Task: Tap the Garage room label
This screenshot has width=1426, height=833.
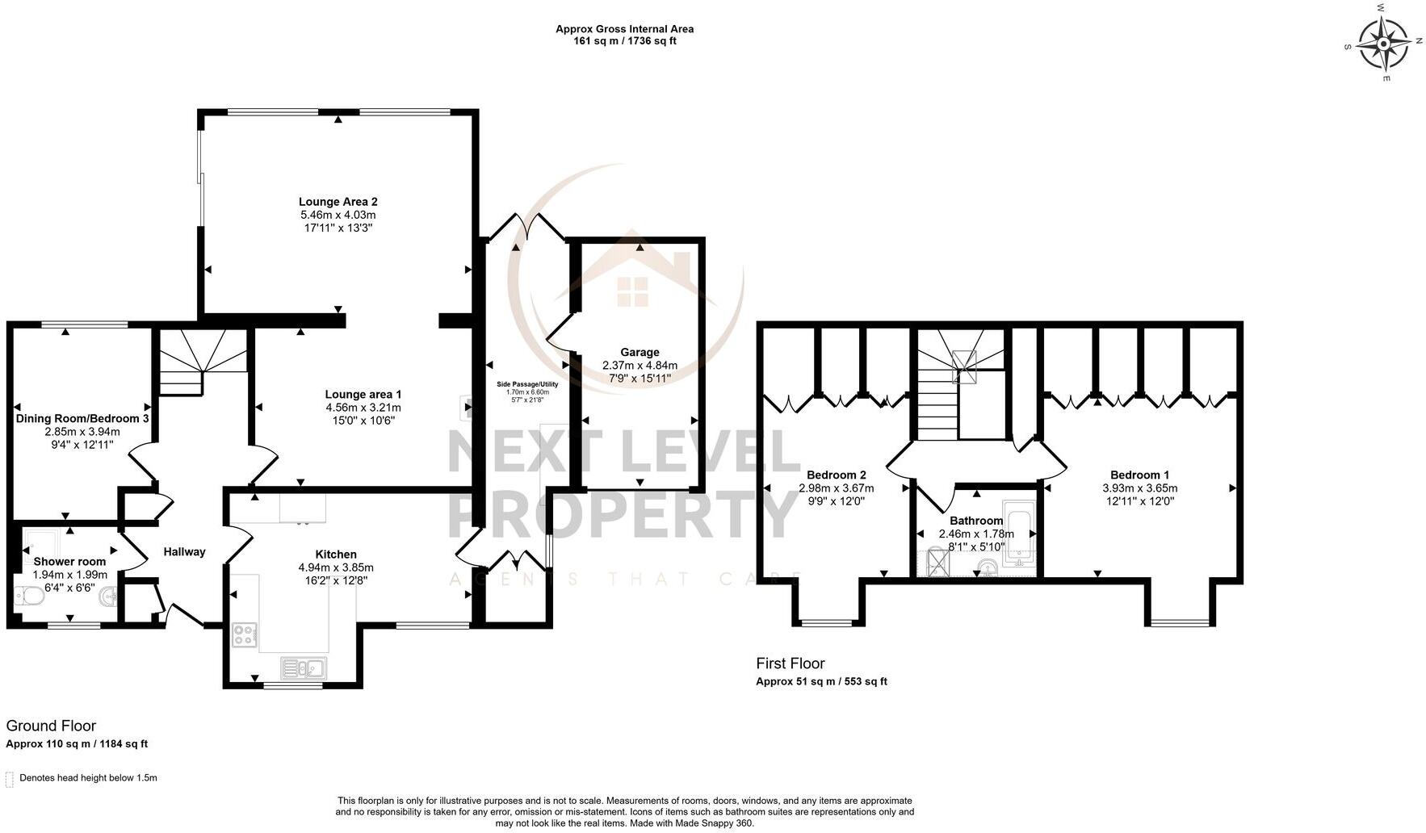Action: [640, 352]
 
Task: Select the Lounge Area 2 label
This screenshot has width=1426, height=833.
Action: [338, 202]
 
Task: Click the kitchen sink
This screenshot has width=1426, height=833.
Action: [304, 668]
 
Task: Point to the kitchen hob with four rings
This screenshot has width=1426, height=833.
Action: [245, 635]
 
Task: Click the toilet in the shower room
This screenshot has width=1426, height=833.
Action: [27, 596]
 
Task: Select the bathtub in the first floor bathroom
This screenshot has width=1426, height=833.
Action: [1021, 534]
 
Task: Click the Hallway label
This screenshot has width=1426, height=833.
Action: [185, 552]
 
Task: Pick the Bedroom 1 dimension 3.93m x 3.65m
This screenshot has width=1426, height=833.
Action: [1139, 488]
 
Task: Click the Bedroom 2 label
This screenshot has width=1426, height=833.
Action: [837, 475]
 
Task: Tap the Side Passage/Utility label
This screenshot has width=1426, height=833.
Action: [526, 384]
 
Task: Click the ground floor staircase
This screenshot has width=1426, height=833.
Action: [201, 359]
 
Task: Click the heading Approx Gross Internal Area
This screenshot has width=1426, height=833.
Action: [624, 29]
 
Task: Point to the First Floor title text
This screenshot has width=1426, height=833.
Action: [790, 663]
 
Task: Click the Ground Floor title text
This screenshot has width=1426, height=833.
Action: [51, 726]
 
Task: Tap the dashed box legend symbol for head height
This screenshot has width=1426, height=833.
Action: [10, 779]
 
